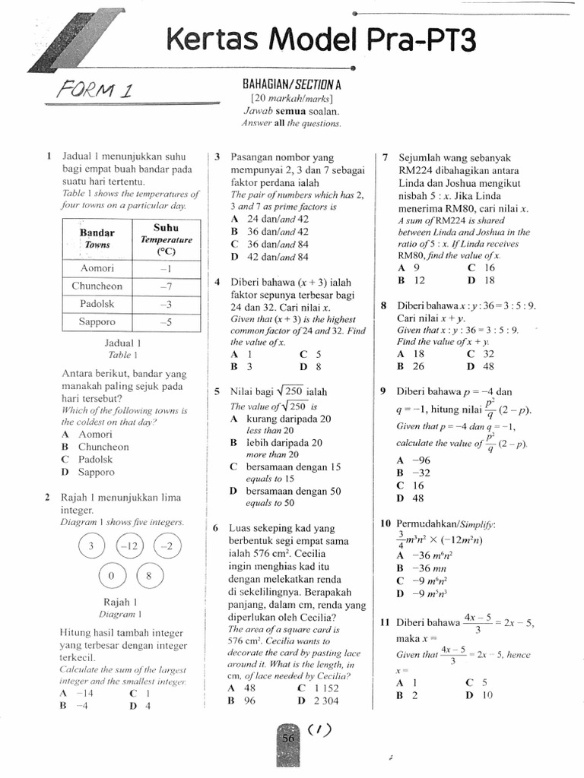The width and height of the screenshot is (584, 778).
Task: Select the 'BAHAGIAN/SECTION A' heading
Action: pyautogui.click(x=290, y=85)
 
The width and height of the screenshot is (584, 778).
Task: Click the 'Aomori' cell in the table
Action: pyautogui.click(x=97, y=268)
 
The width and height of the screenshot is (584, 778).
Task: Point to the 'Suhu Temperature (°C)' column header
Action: pyautogui.click(x=166, y=239)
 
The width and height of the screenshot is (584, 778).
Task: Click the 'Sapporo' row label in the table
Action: pyautogui.click(x=97, y=321)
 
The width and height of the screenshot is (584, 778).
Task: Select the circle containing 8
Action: pyautogui.click(x=148, y=575)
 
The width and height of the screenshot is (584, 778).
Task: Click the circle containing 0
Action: pyautogui.click(x=110, y=575)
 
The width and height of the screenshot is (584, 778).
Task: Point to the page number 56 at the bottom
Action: pyautogui.click(x=288, y=738)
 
